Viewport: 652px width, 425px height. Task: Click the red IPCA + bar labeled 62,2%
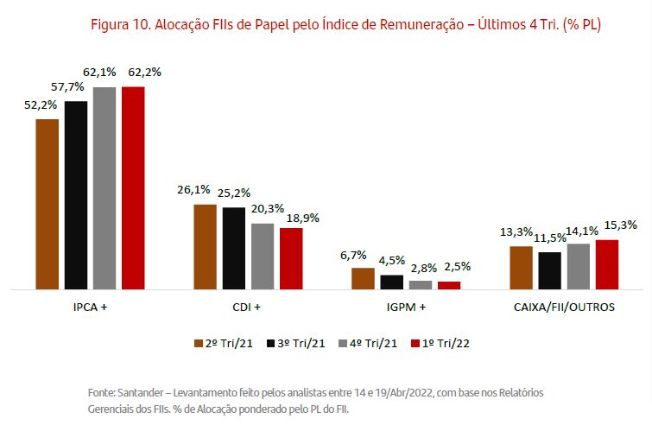pyautogui.click(x=133, y=187)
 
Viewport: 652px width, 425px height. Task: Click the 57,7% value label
pyautogui.click(x=75, y=87)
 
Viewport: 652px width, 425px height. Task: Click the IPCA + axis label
pyautogui.click(x=91, y=307)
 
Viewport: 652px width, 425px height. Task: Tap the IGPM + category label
pyautogui.click(x=405, y=307)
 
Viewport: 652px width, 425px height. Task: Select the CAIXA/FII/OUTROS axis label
pyautogui.click(x=564, y=307)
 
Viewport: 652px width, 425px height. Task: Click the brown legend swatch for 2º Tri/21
pyautogui.click(x=198, y=343)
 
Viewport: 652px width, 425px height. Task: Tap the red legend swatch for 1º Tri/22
pyautogui.click(x=415, y=343)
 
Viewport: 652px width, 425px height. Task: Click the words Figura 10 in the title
pyautogui.click(x=120, y=25)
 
